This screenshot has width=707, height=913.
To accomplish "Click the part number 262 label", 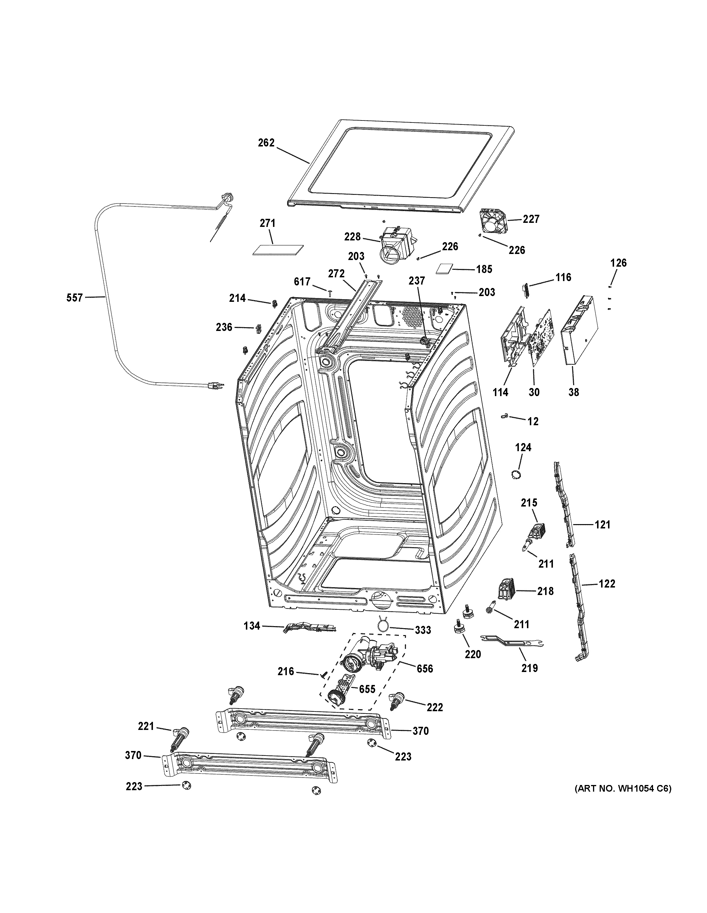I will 266,143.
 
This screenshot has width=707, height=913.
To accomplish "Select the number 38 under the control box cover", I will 574,392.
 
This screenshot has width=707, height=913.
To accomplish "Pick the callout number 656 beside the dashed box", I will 424,669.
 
